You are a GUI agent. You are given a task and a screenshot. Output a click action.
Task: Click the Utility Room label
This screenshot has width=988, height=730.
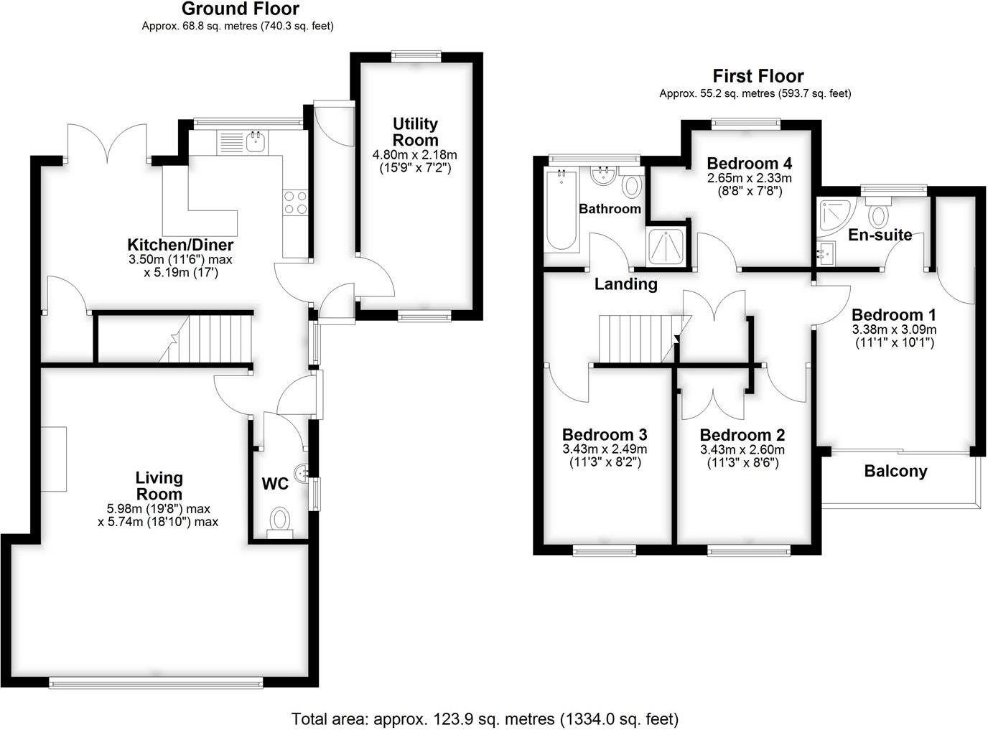click(415, 132)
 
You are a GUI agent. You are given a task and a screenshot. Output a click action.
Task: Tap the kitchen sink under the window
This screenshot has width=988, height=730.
click(255, 141)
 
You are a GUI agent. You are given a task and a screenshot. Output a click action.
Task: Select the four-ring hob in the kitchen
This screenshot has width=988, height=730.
click(296, 202)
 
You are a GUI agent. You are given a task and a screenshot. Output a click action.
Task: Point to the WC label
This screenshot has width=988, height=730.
click(275, 485)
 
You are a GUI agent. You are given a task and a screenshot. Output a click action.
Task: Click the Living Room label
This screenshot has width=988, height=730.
click(159, 486)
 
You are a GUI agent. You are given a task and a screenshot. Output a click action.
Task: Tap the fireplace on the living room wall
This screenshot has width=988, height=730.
click(53, 459)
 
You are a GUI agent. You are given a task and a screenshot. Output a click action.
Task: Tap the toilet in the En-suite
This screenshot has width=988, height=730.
click(877, 212)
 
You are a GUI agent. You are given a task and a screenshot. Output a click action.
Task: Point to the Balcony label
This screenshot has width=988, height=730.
click(895, 472)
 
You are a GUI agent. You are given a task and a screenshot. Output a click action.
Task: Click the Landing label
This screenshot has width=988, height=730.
click(625, 284)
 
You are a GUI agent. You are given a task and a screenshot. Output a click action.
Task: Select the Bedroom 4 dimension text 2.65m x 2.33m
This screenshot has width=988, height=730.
click(749, 178)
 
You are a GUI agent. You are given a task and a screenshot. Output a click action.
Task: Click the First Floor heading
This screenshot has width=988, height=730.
click(758, 76)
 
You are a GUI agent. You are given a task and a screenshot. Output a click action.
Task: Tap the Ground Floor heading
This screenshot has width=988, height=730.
click(240, 9)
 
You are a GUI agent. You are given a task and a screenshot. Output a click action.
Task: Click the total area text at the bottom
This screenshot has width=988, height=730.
click(485, 719)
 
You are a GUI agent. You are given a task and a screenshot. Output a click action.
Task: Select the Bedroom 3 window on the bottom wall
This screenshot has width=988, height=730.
click(605, 551)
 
